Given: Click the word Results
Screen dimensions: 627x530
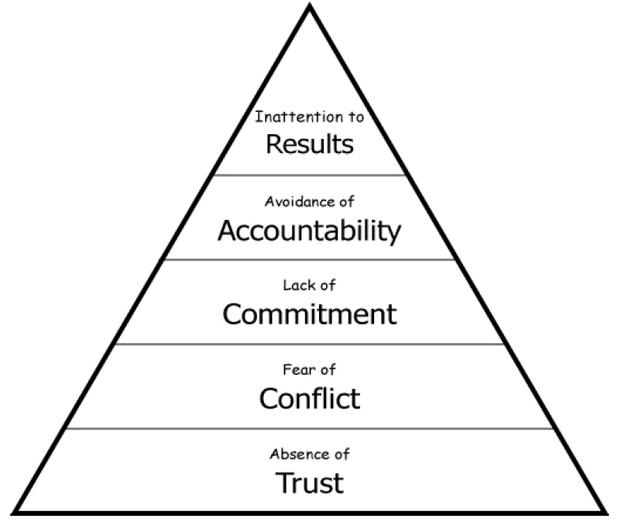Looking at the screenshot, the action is click(x=309, y=144).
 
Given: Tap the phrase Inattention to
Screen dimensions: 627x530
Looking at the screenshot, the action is click(x=309, y=118).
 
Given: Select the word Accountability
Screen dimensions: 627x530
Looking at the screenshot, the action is click(x=309, y=231).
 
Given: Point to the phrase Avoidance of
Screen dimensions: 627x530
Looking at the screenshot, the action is click(x=309, y=202).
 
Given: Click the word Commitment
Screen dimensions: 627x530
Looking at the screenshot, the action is click(x=309, y=314).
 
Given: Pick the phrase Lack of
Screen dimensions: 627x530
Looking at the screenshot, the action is click(x=309, y=286).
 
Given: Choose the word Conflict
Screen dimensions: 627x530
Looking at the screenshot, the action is click(x=309, y=398).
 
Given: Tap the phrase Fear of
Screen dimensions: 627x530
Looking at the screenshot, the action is click(x=309, y=369).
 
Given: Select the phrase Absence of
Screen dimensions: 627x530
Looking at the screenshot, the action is click(x=309, y=454).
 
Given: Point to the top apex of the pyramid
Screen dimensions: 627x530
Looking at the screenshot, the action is click(x=310, y=6).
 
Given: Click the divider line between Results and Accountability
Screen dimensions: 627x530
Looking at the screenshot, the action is click(x=309, y=175).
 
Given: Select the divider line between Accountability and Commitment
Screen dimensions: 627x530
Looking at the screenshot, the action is click(x=309, y=259).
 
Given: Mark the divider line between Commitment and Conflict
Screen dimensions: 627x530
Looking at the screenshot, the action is click(x=309, y=344).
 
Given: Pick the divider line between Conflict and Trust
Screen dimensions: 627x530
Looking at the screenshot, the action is click(x=309, y=429).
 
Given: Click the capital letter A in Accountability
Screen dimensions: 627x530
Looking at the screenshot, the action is click(x=227, y=231).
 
